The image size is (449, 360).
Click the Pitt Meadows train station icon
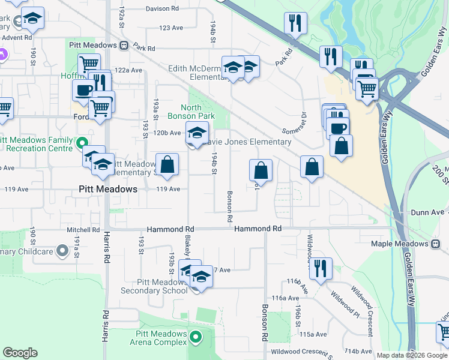click(123, 44)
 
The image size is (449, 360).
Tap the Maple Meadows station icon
click(435, 244)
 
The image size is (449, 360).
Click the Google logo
click(20, 353)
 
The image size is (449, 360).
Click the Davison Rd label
click(162, 9)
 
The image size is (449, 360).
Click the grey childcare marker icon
click(62, 251)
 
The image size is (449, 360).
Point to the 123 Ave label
click(171, 28)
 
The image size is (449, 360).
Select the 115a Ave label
click(313, 334)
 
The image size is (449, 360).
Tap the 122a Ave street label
click(128, 70)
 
